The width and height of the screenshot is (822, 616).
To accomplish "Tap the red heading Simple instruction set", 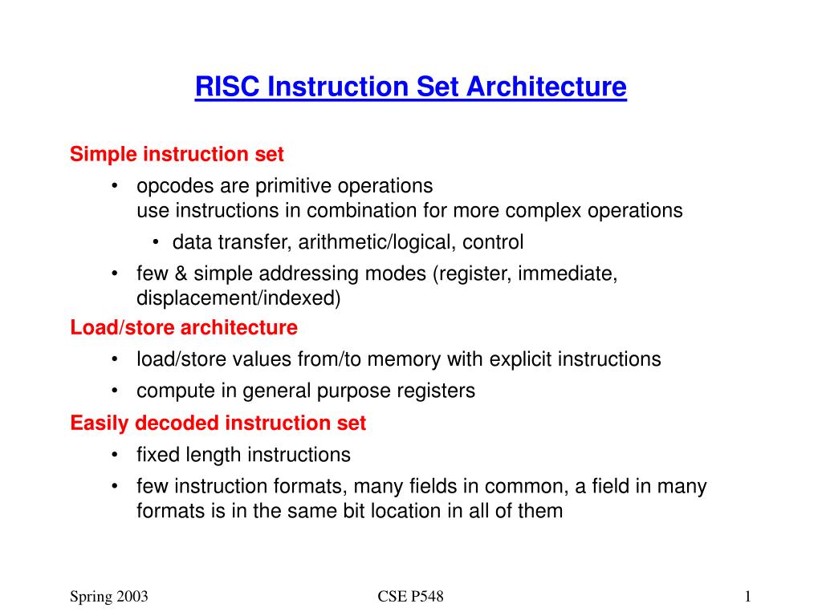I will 177,153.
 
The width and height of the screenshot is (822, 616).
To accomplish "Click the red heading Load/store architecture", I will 184,327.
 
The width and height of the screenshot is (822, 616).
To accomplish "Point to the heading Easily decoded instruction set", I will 218,423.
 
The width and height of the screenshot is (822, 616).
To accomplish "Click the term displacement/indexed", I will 238,298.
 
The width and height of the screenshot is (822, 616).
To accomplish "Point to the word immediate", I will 568,274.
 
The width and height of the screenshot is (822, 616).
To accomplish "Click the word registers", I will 435,391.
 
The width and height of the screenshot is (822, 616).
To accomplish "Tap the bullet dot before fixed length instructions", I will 116,455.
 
